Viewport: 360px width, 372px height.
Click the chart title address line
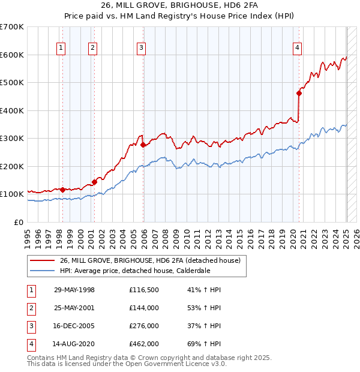(179, 7)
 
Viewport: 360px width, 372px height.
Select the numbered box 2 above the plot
(93, 49)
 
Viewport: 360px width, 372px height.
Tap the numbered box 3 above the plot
(141, 49)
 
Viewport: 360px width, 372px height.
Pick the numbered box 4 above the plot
(297, 49)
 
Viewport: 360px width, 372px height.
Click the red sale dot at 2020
(299, 93)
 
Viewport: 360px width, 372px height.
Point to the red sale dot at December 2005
(143, 145)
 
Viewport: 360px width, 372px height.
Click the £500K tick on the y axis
(12, 83)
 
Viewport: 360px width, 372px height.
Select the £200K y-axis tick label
(12, 166)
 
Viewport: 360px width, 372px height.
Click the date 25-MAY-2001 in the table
(74, 308)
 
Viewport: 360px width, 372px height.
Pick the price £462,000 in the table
(143, 344)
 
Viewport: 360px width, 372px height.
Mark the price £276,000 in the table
(143, 326)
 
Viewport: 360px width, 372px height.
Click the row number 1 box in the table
(31, 290)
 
